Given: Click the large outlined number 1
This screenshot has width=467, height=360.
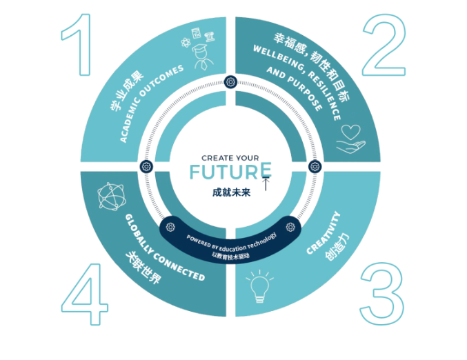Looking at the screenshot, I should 77,43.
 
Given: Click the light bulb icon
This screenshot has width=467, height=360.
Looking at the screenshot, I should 259,286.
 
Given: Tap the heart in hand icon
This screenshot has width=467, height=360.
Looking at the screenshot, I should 350,139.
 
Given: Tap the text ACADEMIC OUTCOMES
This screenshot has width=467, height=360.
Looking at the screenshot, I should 152,103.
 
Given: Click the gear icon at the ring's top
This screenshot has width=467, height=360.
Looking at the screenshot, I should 230,81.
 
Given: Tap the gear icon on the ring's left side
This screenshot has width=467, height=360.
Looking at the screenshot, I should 146,166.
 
